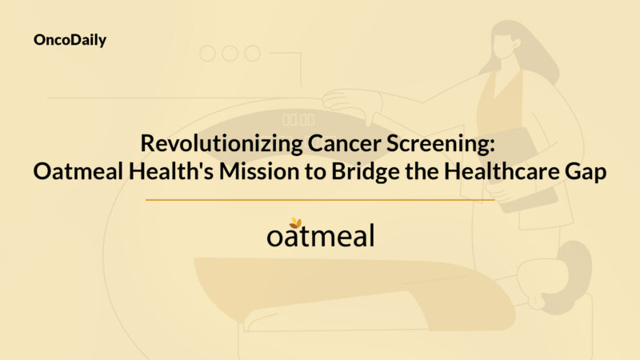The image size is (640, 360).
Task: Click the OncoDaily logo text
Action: pos(71,39)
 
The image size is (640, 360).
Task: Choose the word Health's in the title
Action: pos(162,172)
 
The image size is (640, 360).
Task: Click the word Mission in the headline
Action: pos(246,172)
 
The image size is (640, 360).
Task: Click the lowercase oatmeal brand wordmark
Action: pos(320,237)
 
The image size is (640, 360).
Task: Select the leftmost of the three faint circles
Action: pos(208,54)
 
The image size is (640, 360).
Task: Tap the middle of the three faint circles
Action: pos(230,54)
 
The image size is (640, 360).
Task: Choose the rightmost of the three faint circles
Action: pos(252,54)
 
